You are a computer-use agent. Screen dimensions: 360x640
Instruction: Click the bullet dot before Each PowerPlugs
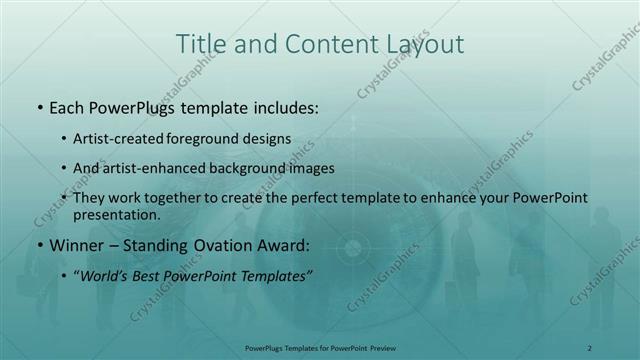pyautogui.click(x=38, y=105)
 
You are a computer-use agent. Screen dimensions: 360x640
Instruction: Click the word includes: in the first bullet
pyautogui.click(x=283, y=105)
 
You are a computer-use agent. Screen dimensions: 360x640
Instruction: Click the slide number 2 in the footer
pyautogui.click(x=590, y=348)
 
